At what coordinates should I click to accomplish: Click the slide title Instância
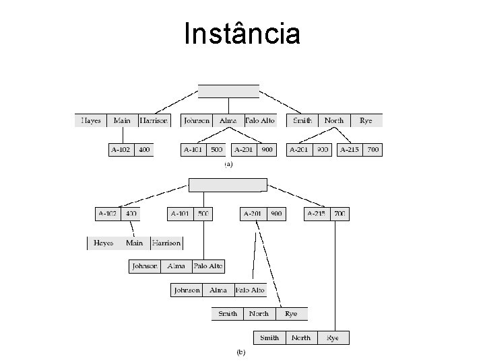coord(243,34)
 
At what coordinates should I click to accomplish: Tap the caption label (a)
coord(228,163)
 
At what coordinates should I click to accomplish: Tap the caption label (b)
coord(240,352)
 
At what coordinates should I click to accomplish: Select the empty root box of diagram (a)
coord(228,91)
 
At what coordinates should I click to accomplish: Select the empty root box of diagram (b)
coord(228,185)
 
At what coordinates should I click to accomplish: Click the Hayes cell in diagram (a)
coord(91,121)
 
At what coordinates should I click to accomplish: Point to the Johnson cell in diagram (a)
coord(197,121)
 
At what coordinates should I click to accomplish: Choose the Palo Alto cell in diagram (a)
coord(260,121)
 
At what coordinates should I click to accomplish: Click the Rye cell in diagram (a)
coord(366,121)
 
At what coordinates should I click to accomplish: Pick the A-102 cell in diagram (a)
coord(121,150)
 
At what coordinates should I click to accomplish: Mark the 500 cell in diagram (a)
coord(216,150)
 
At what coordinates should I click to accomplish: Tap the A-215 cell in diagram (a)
coord(350,150)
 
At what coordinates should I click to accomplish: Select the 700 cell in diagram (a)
coord(373,150)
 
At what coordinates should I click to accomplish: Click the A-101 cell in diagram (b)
coord(180,214)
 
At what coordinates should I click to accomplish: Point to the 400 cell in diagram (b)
coord(131,214)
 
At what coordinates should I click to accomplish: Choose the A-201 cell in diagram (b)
coord(253,214)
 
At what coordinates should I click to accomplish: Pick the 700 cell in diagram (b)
coord(339,214)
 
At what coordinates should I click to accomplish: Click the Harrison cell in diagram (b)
coord(166,243)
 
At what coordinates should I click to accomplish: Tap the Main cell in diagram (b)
coord(135,243)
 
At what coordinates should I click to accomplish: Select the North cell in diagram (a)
coord(333,121)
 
